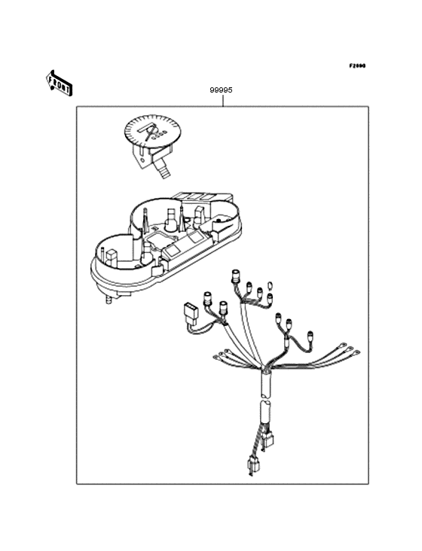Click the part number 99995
click(221, 90)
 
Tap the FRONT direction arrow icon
click(60, 82)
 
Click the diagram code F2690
click(356, 66)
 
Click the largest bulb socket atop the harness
click(237, 275)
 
